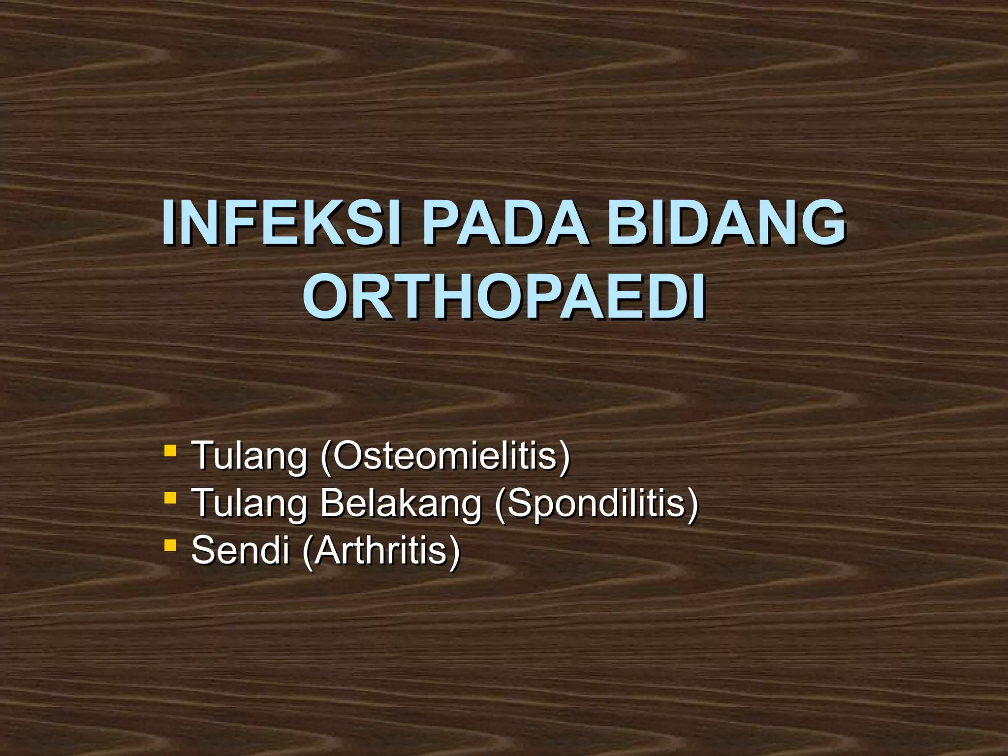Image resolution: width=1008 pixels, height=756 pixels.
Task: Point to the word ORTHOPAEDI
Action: [504, 297]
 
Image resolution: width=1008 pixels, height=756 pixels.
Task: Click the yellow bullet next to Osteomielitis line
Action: [170, 450]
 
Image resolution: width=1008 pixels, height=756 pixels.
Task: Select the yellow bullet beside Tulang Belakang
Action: [170, 498]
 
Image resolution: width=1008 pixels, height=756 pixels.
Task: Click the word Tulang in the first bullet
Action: [249, 457]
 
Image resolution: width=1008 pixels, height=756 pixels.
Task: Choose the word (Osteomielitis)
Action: [445, 457]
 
